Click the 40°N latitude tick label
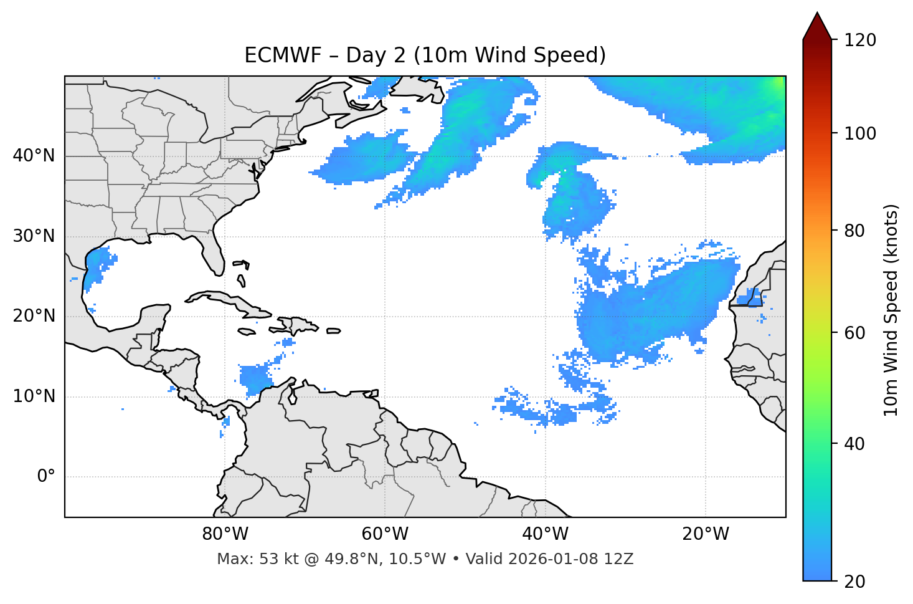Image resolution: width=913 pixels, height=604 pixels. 34,156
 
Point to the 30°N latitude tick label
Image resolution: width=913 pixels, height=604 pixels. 34,236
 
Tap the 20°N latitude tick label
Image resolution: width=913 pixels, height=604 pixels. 34,316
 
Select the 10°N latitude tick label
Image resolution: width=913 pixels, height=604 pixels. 34,396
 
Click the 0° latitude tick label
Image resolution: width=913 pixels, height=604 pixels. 46,477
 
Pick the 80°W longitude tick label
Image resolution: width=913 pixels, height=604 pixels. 225,534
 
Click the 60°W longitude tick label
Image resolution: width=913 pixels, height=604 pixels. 385,534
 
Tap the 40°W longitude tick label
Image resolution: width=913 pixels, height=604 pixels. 546,534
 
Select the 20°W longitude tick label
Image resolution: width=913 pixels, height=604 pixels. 706,534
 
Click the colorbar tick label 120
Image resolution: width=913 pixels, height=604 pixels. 860,41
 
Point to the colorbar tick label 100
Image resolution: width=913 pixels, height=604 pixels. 860,133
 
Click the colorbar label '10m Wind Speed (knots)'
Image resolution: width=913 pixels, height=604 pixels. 891,310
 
